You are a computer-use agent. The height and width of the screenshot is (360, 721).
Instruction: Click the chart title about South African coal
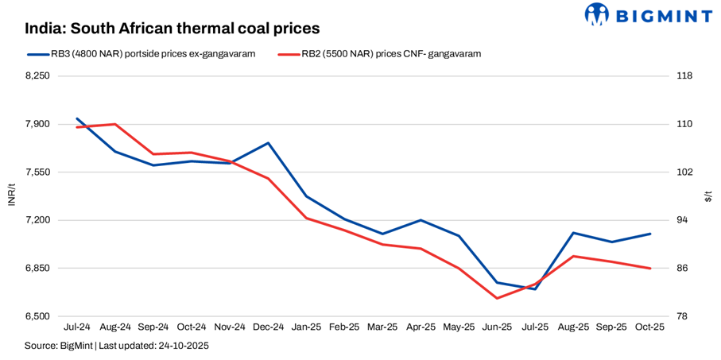click(x=172, y=28)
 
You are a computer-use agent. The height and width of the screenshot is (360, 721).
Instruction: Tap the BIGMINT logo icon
click(x=597, y=14)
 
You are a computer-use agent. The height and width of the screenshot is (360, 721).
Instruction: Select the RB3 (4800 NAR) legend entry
click(x=143, y=54)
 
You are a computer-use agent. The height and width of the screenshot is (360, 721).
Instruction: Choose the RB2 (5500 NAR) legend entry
click(x=382, y=54)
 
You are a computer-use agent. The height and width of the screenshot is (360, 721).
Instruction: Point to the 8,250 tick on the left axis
click(x=38, y=76)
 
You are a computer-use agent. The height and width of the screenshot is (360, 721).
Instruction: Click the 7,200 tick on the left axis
click(x=38, y=220)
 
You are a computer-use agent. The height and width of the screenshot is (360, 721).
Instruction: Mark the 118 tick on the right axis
click(x=684, y=76)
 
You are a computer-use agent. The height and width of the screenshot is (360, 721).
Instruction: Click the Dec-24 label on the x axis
click(x=268, y=327)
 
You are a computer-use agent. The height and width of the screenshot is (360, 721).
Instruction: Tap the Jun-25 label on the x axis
click(x=497, y=327)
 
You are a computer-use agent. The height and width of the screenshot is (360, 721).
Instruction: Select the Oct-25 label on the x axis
click(x=649, y=327)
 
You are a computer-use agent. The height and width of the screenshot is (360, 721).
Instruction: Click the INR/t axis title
click(x=11, y=196)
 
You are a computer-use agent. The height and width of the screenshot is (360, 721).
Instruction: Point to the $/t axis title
click(x=708, y=196)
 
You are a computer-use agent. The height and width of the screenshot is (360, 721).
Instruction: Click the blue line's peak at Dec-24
click(x=268, y=143)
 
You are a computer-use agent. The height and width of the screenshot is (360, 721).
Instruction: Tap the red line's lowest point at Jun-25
click(x=497, y=298)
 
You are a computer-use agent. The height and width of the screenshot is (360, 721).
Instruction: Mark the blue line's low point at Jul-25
click(x=535, y=288)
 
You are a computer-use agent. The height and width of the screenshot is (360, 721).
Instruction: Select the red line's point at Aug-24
click(x=115, y=124)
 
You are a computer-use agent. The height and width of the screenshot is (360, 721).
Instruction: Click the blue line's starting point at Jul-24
click(x=77, y=118)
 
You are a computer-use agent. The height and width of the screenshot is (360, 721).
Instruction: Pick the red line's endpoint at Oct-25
click(x=649, y=269)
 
